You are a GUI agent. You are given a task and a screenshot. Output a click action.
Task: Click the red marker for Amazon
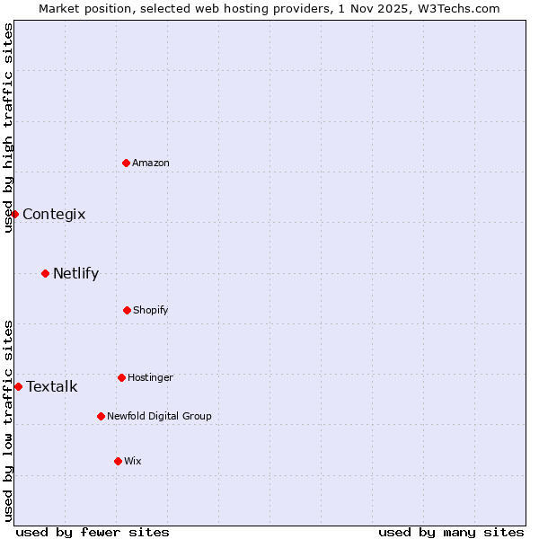pyautogui.click(x=127, y=163)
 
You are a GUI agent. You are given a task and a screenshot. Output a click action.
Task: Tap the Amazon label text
pyautogui.click(x=151, y=163)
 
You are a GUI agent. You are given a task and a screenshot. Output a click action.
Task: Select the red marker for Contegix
pyautogui.click(x=14, y=214)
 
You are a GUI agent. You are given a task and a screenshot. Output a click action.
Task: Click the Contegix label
pyautogui.click(x=54, y=214)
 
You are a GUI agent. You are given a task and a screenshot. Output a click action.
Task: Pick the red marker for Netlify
pyautogui.click(x=45, y=273)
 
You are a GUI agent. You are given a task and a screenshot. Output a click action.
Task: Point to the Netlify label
pyautogui.click(x=75, y=273)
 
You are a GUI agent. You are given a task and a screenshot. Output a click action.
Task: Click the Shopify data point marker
pyautogui.click(x=127, y=310)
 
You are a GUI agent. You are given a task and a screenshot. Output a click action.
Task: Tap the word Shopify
pyautogui.click(x=151, y=310)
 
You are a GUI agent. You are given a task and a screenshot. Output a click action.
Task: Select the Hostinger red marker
pyautogui.click(x=121, y=377)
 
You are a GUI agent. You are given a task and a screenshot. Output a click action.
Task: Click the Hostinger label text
pyautogui.click(x=150, y=377)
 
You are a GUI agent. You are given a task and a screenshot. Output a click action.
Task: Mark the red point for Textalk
pyautogui.click(x=18, y=386)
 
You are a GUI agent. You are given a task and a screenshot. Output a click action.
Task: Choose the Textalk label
pyautogui.click(x=52, y=386)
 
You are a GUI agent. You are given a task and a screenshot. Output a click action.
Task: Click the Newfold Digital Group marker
pyautogui.click(x=101, y=416)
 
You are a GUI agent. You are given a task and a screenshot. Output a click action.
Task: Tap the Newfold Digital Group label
pyautogui.click(x=159, y=416)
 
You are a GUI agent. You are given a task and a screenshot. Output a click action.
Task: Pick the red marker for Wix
pyautogui.click(x=118, y=461)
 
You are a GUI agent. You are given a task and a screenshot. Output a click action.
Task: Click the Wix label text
pyautogui.click(x=133, y=461)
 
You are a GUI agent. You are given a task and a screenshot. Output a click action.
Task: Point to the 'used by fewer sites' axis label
pyautogui.click(x=93, y=532)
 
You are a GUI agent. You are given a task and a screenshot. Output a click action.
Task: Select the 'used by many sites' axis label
pyautogui.click(x=451, y=532)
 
